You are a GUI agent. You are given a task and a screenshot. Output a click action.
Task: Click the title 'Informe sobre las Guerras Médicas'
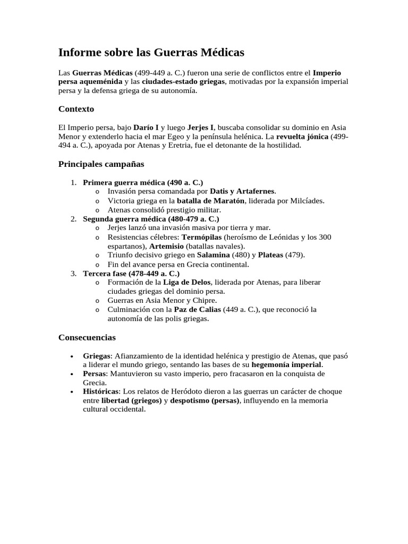point(151,53)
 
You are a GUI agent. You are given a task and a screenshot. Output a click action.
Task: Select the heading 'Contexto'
point(76,109)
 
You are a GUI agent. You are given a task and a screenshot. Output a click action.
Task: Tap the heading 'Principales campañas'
point(101,164)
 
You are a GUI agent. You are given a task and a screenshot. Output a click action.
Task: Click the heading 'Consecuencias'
point(87,337)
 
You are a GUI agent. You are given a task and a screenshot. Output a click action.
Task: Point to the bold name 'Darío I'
point(146,127)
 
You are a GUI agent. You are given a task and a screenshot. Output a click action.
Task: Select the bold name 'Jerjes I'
point(201,127)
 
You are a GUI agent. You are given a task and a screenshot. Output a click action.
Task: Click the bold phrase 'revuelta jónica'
point(302,137)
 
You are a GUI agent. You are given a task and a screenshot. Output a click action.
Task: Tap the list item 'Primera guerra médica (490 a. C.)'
point(143,182)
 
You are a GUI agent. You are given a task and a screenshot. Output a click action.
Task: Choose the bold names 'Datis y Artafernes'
point(243,191)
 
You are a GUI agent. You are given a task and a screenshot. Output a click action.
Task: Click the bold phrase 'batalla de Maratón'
point(210,200)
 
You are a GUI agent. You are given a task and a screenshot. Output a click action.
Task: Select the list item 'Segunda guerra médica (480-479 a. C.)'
point(151,219)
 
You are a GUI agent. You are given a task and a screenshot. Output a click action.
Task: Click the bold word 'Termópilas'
point(201,237)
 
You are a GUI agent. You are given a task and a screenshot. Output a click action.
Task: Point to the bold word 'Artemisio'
point(167,246)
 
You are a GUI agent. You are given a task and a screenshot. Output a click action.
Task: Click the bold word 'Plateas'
point(270,255)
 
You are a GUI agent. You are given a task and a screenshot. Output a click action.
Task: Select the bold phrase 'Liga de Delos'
point(186,282)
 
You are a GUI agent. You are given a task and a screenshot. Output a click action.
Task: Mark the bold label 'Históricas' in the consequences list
point(101,392)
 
